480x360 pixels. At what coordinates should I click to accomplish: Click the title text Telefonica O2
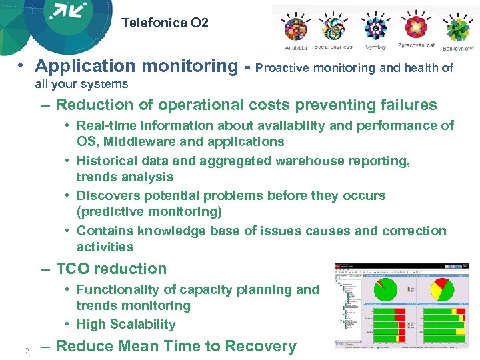click(165, 23)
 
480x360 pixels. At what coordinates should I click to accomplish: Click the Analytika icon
click(296, 29)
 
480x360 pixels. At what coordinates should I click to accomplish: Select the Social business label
click(333, 47)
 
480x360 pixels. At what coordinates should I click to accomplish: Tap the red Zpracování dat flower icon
click(417, 27)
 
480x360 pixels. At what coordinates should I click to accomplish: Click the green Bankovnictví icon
click(458, 29)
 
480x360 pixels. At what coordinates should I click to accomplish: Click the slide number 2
click(27, 351)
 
